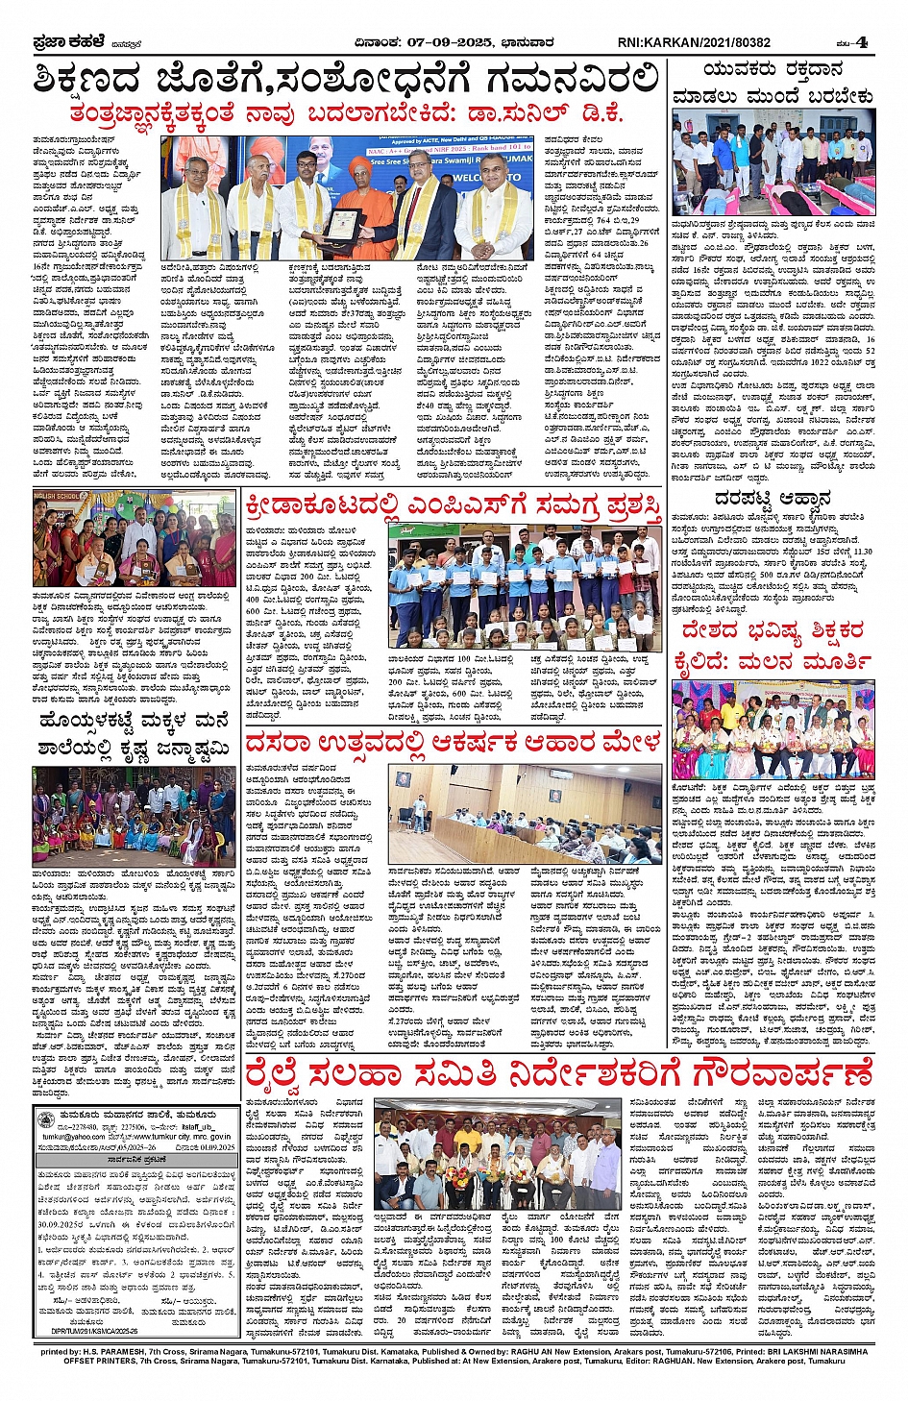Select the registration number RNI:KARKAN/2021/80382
(694, 42)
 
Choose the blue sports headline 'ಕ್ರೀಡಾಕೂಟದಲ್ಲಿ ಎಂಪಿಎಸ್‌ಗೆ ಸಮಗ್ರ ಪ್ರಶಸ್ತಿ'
(453, 505)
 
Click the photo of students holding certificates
(525, 586)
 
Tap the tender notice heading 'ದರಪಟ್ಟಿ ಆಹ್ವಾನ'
(773, 499)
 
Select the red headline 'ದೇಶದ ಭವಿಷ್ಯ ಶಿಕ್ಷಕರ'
(773, 631)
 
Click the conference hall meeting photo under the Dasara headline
(525, 814)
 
